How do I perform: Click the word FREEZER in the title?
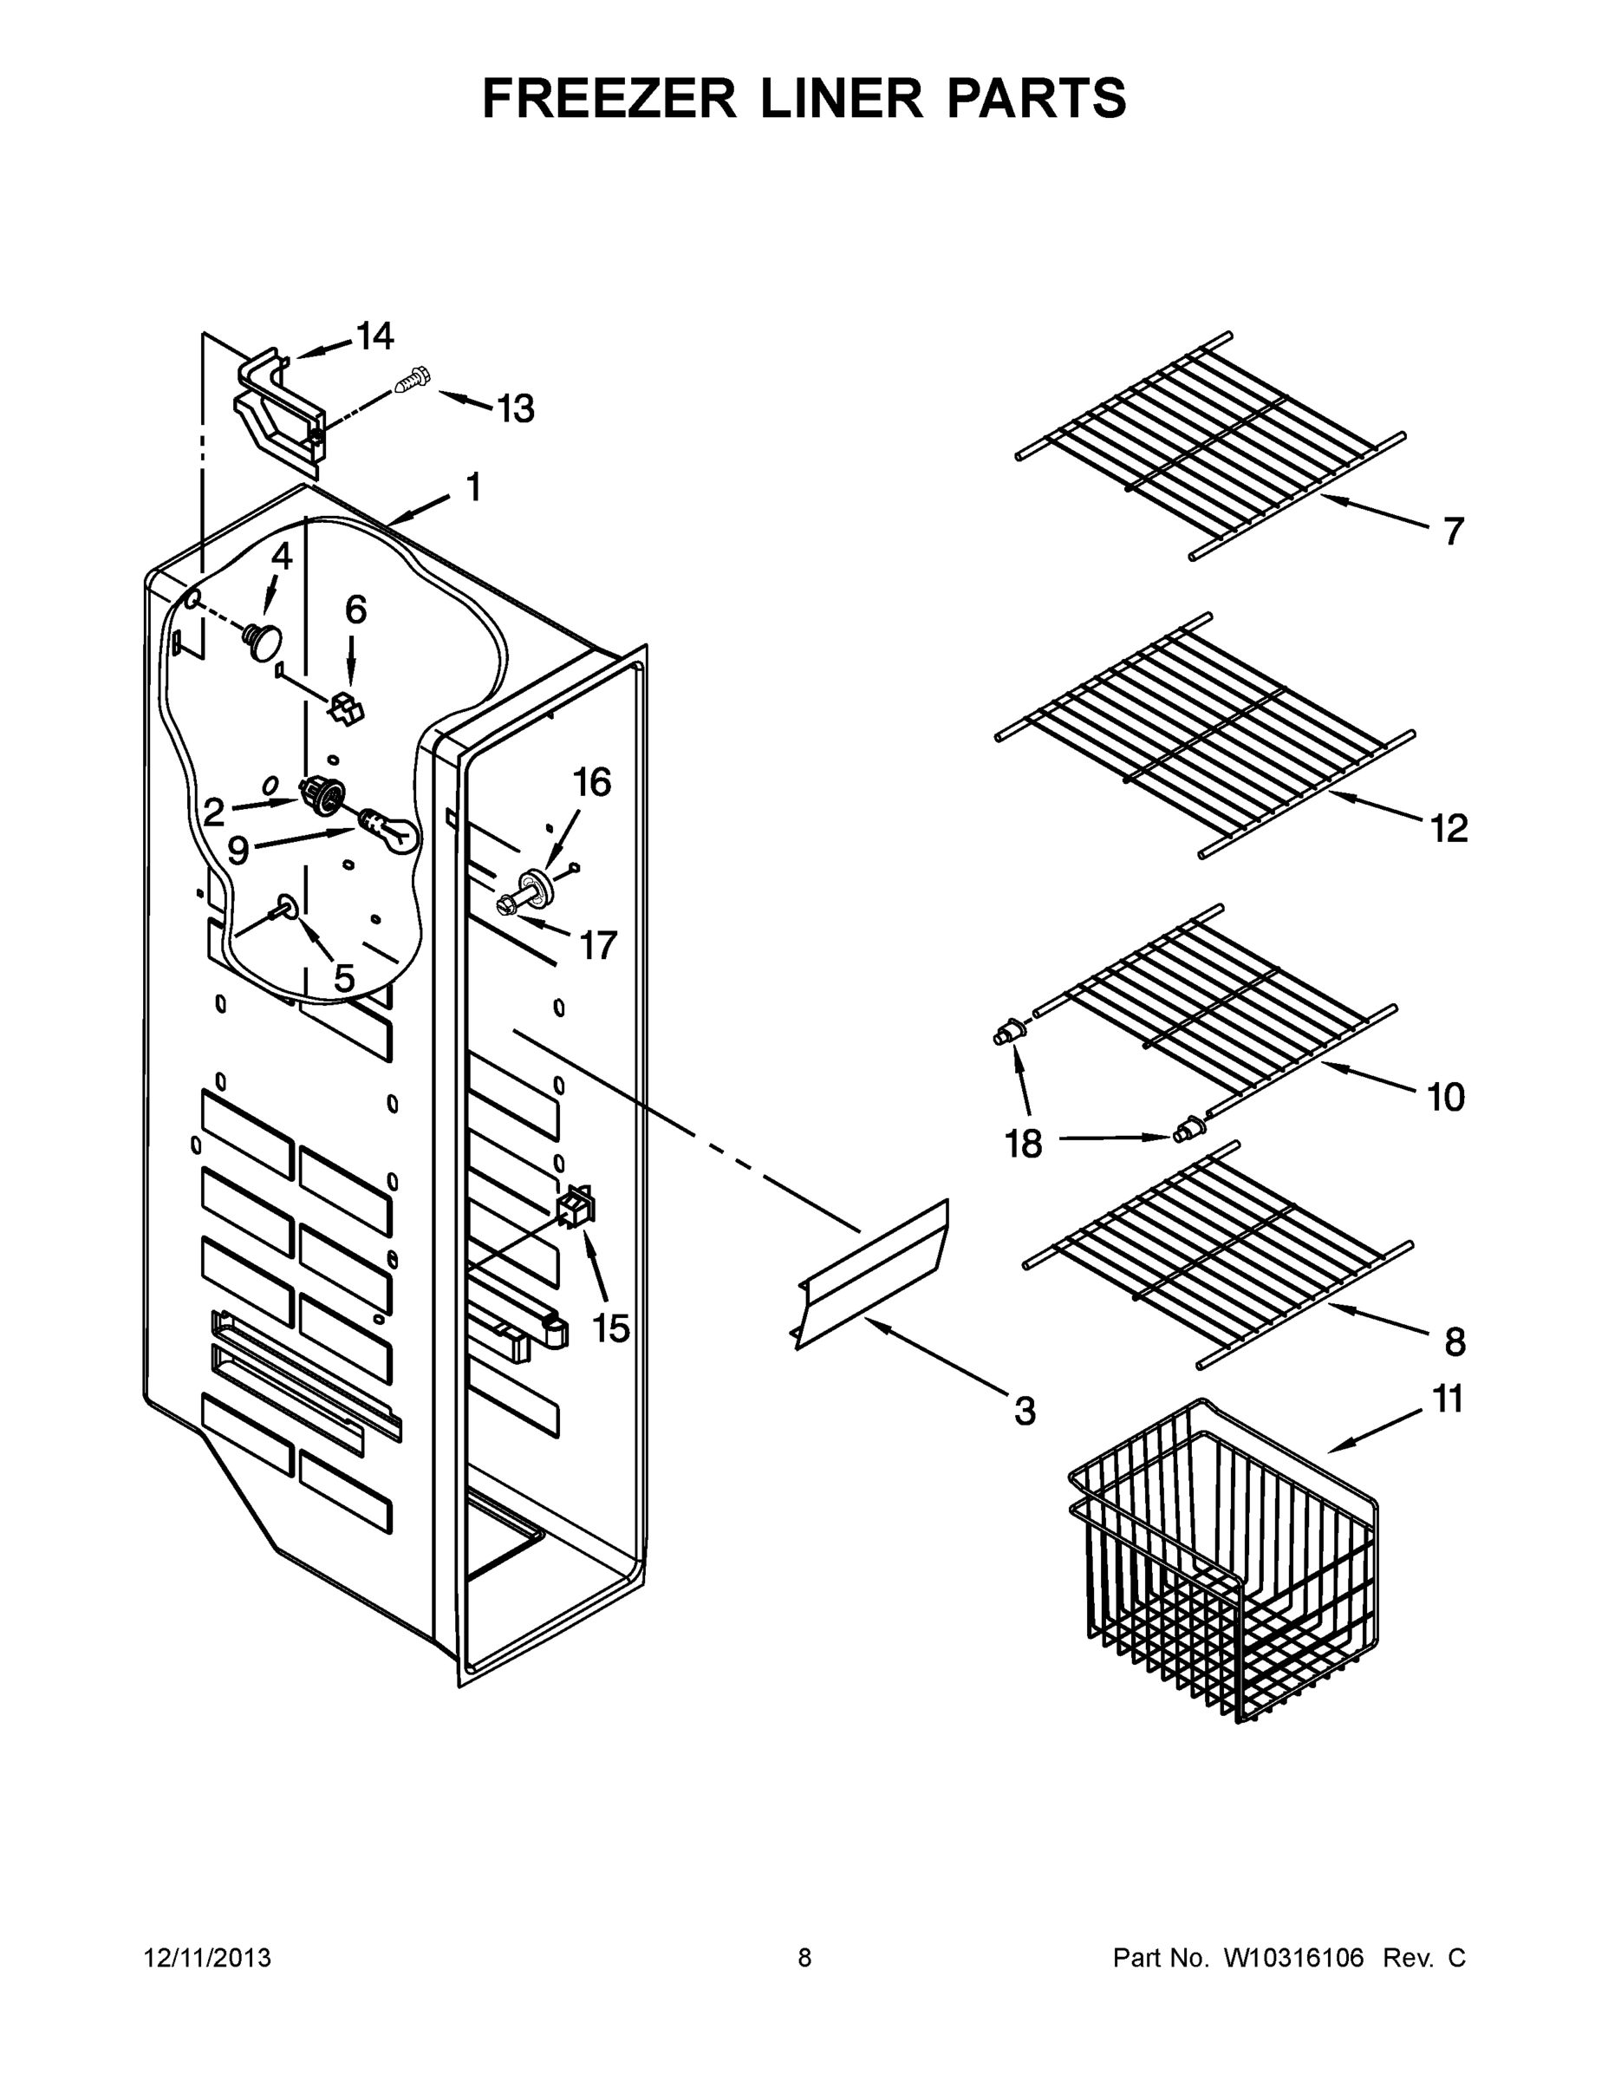pos(609,99)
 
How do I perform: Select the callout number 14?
pos(375,336)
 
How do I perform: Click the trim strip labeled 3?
pos(869,1272)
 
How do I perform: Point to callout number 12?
pos(1448,828)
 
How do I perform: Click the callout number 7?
pos(1452,531)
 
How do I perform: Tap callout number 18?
pos(1024,1143)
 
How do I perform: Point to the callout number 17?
pos(598,945)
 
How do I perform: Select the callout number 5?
pos(344,976)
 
